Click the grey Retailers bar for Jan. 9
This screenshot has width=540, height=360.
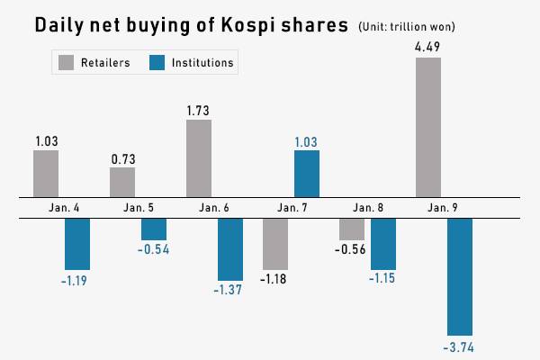pyautogui.click(x=428, y=127)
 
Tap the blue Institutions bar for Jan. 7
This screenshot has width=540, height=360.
pyautogui.click(x=307, y=174)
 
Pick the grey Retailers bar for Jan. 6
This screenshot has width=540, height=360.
pyautogui.click(x=199, y=158)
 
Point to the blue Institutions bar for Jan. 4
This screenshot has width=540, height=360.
pyautogui.click(x=77, y=244)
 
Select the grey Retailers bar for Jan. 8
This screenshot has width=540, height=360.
pyautogui.click(x=352, y=229)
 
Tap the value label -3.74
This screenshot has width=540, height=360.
pyautogui.click(x=460, y=346)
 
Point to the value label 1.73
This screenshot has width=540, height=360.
pyautogui.click(x=199, y=110)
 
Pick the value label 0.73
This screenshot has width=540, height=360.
pyautogui.click(x=122, y=157)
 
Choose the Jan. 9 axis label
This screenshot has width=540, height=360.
pyautogui.click(x=441, y=208)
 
